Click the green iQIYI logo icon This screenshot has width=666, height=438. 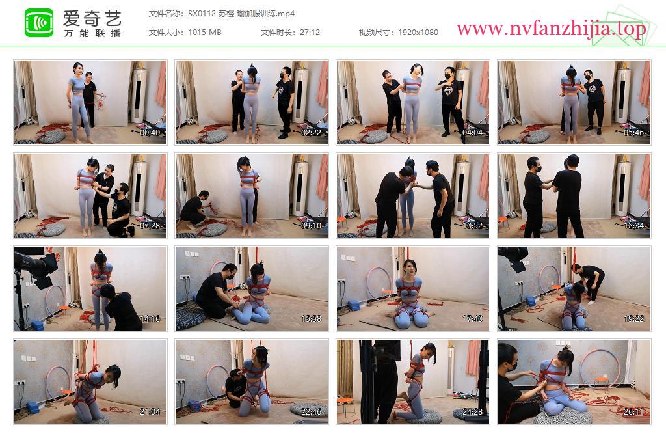click(x=39, y=23)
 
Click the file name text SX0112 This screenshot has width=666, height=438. click(x=202, y=14)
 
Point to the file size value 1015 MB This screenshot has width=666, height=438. click(x=205, y=33)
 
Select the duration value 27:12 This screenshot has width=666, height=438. click(x=310, y=33)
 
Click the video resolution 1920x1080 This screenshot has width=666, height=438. click(x=418, y=33)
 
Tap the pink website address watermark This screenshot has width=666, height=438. click(x=552, y=29)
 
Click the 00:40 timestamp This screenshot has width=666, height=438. click(x=150, y=133)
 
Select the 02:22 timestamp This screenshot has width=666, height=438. click(x=312, y=133)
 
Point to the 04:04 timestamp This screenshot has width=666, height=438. click(x=473, y=133)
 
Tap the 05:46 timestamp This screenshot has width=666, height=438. click(x=633, y=133)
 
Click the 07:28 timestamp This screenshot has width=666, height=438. click(x=150, y=226)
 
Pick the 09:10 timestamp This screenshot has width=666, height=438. click(x=312, y=226)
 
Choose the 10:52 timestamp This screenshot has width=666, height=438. click(x=473, y=226)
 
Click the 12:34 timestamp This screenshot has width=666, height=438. click(x=633, y=226)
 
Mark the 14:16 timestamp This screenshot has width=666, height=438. click(x=150, y=319)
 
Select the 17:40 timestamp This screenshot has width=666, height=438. click(x=473, y=319)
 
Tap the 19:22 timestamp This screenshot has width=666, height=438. click(x=633, y=319)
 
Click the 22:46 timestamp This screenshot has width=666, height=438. click(x=312, y=412)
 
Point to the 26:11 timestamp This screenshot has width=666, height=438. click(x=633, y=412)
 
